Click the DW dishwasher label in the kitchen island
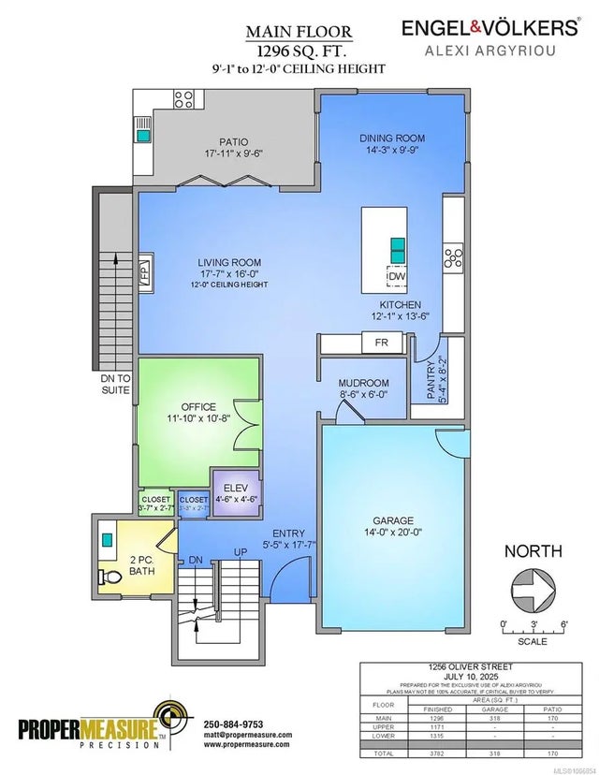tap(398, 276)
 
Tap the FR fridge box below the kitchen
tap(382, 343)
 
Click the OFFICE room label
tap(192, 407)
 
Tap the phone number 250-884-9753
tap(233, 724)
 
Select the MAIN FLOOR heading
tap(294, 31)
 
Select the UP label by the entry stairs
tap(240, 553)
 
